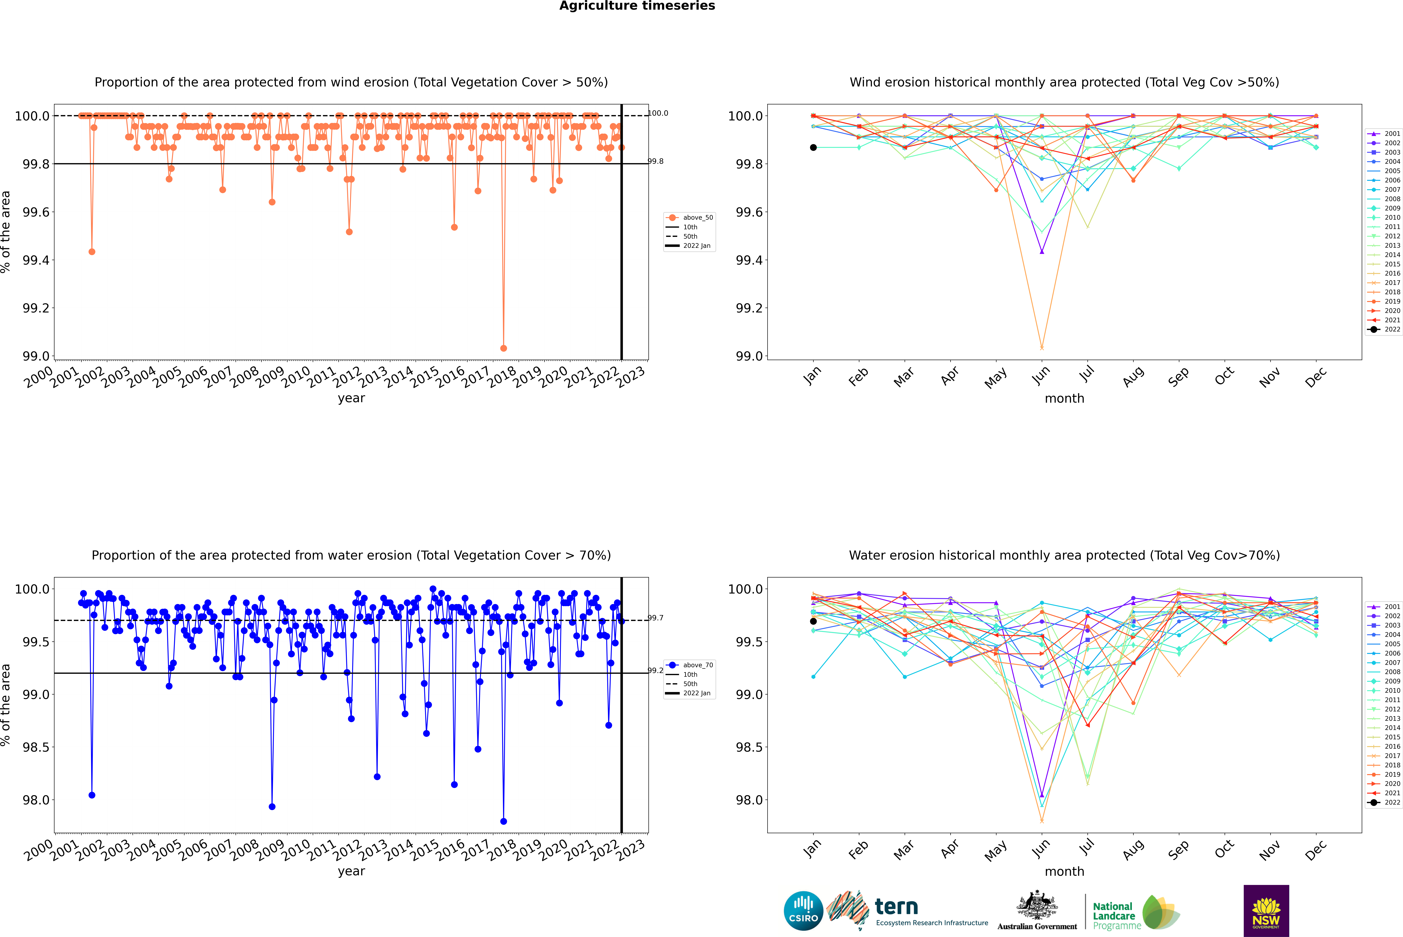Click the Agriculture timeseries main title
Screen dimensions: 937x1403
coord(637,6)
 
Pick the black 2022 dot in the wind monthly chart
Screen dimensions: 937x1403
coord(813,148)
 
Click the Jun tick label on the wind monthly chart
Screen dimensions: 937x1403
coord(1041,375)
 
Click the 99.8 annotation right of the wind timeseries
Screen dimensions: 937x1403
coord(656,161)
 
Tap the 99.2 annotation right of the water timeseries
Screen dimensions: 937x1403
coord(656,670)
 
